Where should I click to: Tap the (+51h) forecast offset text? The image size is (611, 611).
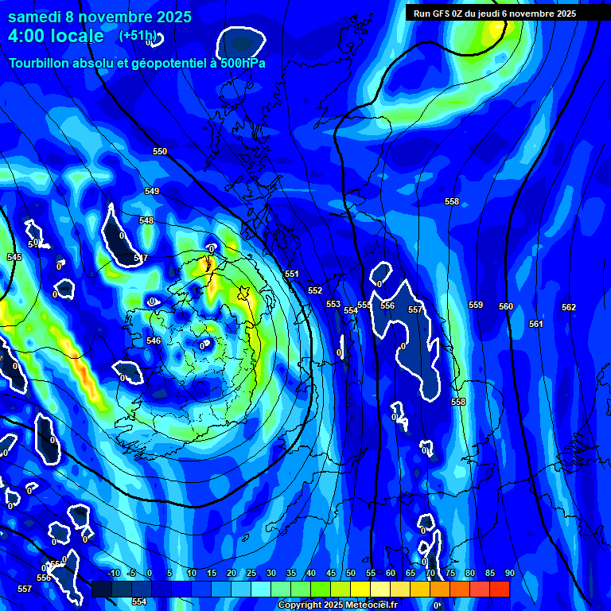click(138, 36)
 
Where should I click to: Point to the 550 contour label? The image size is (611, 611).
click(160, 151)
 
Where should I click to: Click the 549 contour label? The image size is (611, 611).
click(152, 191)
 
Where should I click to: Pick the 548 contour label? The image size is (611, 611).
click(146, 220)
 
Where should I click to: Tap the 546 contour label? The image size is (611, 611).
click(154, 341)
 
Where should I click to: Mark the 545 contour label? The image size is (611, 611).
click(14, 257)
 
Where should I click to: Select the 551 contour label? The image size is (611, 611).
click(292, 274)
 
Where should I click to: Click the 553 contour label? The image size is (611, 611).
click(333, 304)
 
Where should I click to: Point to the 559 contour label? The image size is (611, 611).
click(476, 305)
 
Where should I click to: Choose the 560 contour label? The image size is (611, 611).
click(506, 306)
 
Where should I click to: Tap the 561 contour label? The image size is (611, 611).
click(535, 324)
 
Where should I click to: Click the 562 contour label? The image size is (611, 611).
click(568, 307)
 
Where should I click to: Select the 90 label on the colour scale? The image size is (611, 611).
click(509, 573)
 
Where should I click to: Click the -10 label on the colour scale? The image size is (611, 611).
click(113, 573)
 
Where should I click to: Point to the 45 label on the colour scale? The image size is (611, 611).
click(331, 573)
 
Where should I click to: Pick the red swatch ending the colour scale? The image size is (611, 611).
click(499, 589)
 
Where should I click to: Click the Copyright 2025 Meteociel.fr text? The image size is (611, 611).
click(337, 605)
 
